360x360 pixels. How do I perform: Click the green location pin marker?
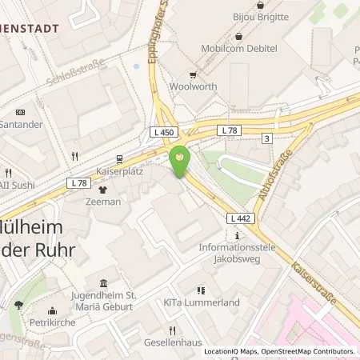[180, 160]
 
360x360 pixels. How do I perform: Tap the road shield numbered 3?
[288, 138]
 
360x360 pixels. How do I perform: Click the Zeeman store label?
[103, 202]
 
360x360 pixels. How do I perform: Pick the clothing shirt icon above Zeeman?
[102, 190]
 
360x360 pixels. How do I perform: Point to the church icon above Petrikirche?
[53, 312]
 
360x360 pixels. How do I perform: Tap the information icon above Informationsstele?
[238, 235]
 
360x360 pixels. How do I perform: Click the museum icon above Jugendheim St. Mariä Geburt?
[103, 283]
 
